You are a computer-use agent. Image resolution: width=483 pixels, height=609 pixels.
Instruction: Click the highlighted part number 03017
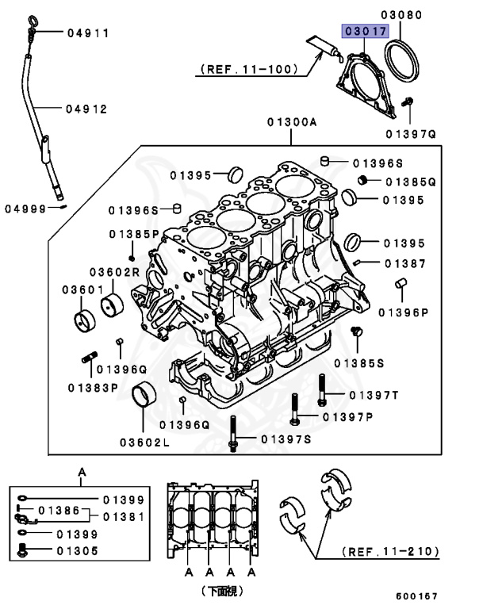pyautogui.click(x=363, y=31)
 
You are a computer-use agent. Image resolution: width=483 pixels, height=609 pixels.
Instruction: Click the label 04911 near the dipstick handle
pyautogui.click(x=88, y=33)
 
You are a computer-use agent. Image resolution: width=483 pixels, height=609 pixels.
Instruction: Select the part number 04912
pyautogui.click(x=87, y=109)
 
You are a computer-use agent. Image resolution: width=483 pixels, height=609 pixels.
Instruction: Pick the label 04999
pyautogui.click(x=25, y=209)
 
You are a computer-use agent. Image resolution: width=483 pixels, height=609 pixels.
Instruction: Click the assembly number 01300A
pyautogui.click(x=291, y=123)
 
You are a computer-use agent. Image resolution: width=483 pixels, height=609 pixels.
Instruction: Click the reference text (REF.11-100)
pyautogui.click(x=249, y=69)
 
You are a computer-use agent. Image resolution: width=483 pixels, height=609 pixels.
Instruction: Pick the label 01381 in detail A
pyautogui.click(x=124, y=517)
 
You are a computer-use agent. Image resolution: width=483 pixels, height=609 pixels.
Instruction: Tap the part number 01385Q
pyautogui.click(x=410, y=182)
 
